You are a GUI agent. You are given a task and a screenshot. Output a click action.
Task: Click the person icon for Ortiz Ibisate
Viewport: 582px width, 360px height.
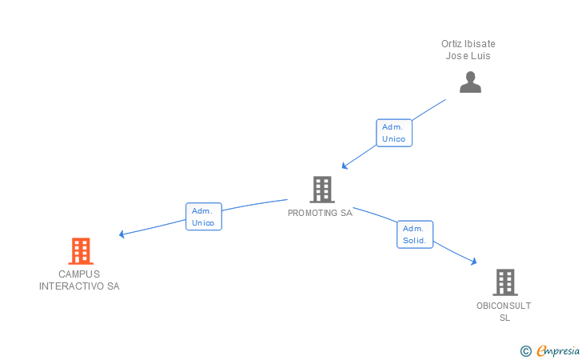(470, 82)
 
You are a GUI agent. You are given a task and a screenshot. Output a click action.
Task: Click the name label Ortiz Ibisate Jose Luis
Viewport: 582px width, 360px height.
(468, 50)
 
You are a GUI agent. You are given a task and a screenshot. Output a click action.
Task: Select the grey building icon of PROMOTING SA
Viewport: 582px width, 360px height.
(321, 190)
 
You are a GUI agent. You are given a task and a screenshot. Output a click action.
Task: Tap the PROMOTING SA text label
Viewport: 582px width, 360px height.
(320, 214)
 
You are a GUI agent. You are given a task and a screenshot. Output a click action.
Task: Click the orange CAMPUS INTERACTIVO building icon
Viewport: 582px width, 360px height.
(80, 251)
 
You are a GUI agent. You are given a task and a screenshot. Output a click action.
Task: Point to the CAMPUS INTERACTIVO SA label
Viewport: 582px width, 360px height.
(79, 280)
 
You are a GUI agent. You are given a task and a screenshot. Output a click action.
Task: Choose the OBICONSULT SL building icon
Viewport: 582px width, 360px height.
(504, 282)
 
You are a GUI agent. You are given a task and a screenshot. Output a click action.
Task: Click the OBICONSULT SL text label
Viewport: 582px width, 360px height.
(504, 311)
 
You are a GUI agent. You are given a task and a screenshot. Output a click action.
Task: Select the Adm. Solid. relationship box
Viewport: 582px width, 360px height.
(415, 234)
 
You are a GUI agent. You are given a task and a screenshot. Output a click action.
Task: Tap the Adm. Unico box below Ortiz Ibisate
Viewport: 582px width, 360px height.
(393, 133)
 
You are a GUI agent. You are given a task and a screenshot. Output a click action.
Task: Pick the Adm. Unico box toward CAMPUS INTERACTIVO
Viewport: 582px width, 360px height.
(203, 217)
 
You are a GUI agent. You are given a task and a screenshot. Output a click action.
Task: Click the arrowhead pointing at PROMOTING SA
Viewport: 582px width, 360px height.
(345, 166)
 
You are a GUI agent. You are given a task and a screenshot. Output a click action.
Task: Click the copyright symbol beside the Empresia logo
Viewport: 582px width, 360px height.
(525, 350)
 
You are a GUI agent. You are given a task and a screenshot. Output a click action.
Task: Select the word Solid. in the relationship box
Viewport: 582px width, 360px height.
(415, 241)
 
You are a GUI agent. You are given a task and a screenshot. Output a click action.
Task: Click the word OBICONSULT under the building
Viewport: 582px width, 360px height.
(504, 306)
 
